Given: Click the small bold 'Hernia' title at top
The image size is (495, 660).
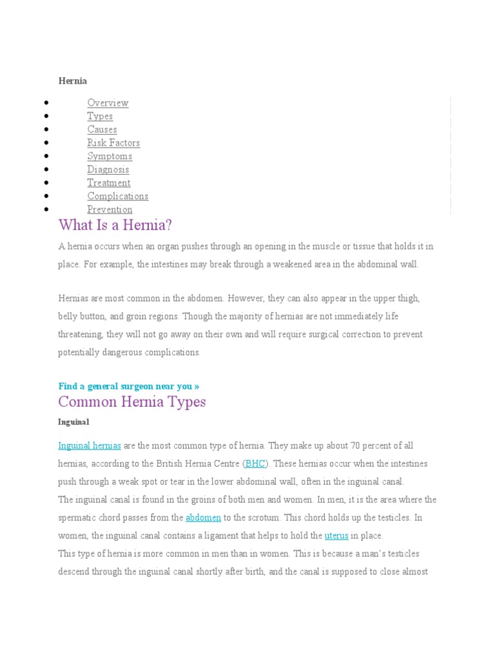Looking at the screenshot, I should tap(72, 81).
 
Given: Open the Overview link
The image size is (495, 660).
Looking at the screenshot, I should tap(108, 103).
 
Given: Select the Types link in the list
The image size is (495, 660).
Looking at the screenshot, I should tap(100, 117).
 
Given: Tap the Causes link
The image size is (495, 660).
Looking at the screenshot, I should tap(102, 130).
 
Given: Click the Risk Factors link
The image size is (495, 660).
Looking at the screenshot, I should tap(113, 143).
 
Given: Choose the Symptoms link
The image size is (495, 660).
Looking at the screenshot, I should tap(110, 157).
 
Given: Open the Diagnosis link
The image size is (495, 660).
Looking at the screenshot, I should tap(108, 170).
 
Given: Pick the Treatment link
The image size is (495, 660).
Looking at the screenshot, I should tap(108, 183).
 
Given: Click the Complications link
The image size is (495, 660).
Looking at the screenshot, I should tap(117, 197).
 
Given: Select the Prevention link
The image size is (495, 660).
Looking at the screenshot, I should tap(110, 209).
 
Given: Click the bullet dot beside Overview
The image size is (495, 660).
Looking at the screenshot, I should tap(47, 103).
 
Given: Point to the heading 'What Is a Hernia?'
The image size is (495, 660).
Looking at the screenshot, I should tap(115, 226).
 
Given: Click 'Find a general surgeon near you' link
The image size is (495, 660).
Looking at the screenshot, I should tap(128, 386).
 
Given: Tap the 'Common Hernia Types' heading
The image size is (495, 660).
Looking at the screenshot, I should tap(132, 402).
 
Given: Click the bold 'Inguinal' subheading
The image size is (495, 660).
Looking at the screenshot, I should tap(73, 422).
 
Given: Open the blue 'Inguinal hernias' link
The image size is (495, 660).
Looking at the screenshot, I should tap(90, 446).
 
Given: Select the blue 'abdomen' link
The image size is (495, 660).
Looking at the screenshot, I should tap(203, 518).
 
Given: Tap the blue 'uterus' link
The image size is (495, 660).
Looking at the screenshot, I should tap(336, 536).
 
